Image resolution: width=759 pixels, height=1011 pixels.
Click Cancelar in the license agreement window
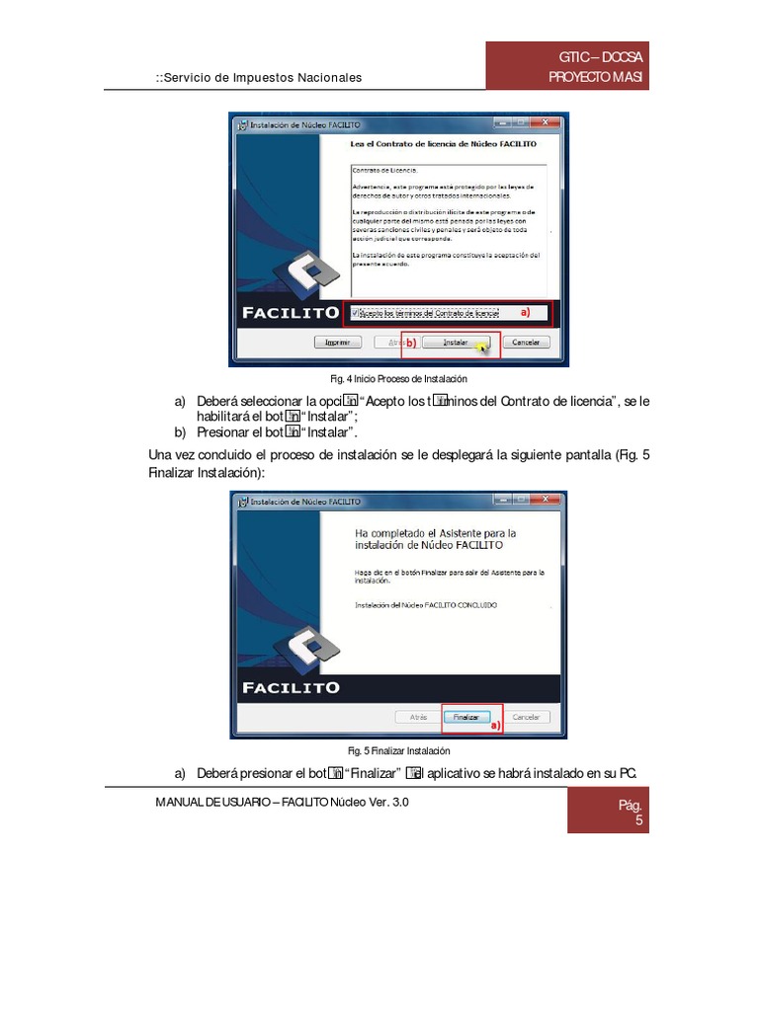pos(527,343)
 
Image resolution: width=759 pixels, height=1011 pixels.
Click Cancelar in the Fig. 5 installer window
pos(526,717)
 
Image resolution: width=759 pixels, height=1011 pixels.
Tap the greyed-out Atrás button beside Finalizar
pos(418,717)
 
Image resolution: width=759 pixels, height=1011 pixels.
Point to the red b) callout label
pos(410,344)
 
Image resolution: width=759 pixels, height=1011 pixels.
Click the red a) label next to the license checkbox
pos(526,312)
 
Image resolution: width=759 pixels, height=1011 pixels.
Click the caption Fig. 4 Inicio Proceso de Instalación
pos(398,378)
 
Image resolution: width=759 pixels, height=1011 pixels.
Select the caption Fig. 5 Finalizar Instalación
pos(398,751)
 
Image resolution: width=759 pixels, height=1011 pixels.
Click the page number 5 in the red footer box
pos(638,820)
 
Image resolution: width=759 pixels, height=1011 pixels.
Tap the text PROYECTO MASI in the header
pos(599,78)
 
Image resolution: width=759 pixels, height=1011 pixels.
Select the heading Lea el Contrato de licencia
pos(444,144)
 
